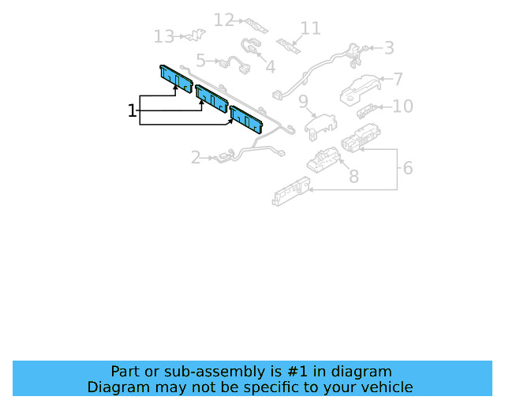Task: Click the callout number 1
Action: [132, 110]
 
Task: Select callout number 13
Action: [164, 36]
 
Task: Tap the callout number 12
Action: [224, 20]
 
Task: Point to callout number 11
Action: [311, 28]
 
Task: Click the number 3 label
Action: [389, 48]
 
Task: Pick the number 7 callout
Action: [398, 79]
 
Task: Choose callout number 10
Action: [403, 107]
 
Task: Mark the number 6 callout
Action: [408, 168]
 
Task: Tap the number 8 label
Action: [354, 177]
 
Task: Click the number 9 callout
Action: [303, 102]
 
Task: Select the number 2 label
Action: [196, 158]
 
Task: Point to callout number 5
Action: [200, 61]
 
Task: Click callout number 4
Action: [271, 67]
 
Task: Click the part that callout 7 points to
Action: [359, 90]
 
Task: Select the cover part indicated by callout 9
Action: [320, 126]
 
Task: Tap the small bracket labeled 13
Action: [196, 35]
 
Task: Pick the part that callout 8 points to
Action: [323, 160]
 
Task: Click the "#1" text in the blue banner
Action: [297, 372]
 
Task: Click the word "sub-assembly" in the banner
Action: [219, 372]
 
